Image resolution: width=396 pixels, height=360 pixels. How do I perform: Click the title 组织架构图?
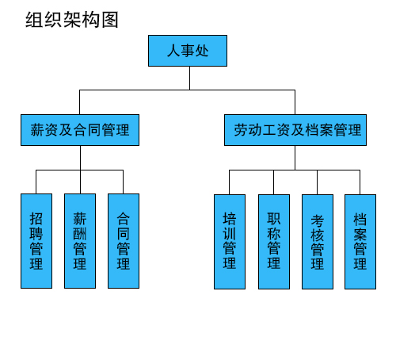[x=72, y=20]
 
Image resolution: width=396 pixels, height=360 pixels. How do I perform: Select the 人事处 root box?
[x=188, y=51]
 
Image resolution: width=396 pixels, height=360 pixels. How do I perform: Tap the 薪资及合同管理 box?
[x=79, y=130]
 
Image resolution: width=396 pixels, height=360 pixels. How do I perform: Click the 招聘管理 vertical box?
[x=36, y=240]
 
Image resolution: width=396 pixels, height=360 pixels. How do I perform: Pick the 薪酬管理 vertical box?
[x=80, y=240]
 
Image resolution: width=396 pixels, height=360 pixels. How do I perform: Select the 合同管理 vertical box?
[x=124, y=240]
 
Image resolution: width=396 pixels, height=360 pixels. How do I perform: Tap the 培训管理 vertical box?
[x=230, y=240]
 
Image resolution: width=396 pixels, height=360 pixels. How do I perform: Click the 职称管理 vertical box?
[x=274, y=240]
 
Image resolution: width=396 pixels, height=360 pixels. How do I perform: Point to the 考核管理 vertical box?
[x=318, y=241]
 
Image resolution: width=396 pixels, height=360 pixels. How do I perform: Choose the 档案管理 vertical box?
[x=360, y=241]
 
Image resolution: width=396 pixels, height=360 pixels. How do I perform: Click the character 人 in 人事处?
[x=173, y=52]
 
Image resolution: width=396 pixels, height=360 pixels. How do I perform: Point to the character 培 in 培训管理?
[x=230, y=218]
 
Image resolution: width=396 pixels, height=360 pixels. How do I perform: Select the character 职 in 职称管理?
[x=274, y=218]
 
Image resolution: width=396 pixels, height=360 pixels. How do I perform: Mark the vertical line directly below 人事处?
[x=188, y=78]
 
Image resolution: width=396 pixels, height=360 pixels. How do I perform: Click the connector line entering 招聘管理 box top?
[x=36, y=182]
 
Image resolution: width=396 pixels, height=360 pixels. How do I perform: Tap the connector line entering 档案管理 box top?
[x=360, y=182]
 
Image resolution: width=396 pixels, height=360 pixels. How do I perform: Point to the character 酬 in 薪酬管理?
[x=80, y=233]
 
